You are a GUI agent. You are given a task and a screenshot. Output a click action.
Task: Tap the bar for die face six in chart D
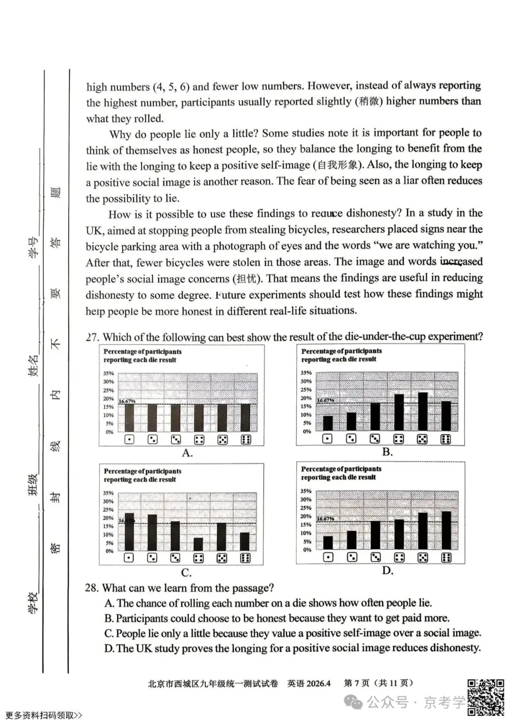coord(446,530)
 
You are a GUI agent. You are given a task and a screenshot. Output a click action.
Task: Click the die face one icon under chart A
coord(129,440)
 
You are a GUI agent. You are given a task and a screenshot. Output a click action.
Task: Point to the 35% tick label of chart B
coord(306,373)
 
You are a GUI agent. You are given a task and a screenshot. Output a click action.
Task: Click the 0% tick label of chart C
coord(109,551)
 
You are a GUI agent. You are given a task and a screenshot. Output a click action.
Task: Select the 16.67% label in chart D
coord(326,519)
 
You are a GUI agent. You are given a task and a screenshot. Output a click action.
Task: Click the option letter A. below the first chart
coord(187,453)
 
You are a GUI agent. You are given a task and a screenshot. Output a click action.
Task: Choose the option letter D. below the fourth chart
coord(388,570)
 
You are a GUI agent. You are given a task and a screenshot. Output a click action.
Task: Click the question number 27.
coord(92,337)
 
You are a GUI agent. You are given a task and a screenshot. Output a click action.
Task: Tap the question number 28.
coord(92,588)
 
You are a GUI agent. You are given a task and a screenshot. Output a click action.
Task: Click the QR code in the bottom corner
coord(485,696)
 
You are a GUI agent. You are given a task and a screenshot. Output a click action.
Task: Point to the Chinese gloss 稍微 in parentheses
coord(369,101)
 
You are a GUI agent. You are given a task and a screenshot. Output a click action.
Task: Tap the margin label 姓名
coord(34,365)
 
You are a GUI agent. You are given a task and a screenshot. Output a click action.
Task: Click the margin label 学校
coord(34,602)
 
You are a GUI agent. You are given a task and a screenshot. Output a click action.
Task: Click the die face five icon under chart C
coord(221,558)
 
